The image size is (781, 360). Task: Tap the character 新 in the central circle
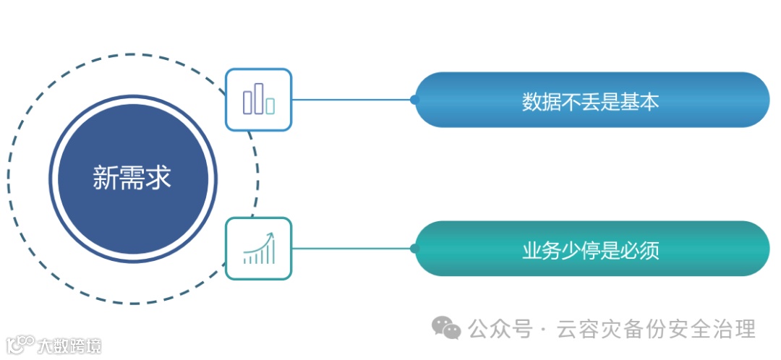(106, 176)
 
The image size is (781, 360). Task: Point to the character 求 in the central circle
(159, 176)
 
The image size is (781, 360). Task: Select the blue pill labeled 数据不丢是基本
(592, 100)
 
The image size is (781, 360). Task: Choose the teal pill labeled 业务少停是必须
(592, 249)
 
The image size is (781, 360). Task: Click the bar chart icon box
(258, 100)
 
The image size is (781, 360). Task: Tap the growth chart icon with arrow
(258, 249)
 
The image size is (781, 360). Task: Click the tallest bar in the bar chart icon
(259, 98)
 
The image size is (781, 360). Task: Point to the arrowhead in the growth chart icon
(271, 236)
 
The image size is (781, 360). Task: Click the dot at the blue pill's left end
(414, 100)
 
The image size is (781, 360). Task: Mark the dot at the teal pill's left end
(414, 249)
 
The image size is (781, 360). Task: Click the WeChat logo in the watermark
(446, 329)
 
